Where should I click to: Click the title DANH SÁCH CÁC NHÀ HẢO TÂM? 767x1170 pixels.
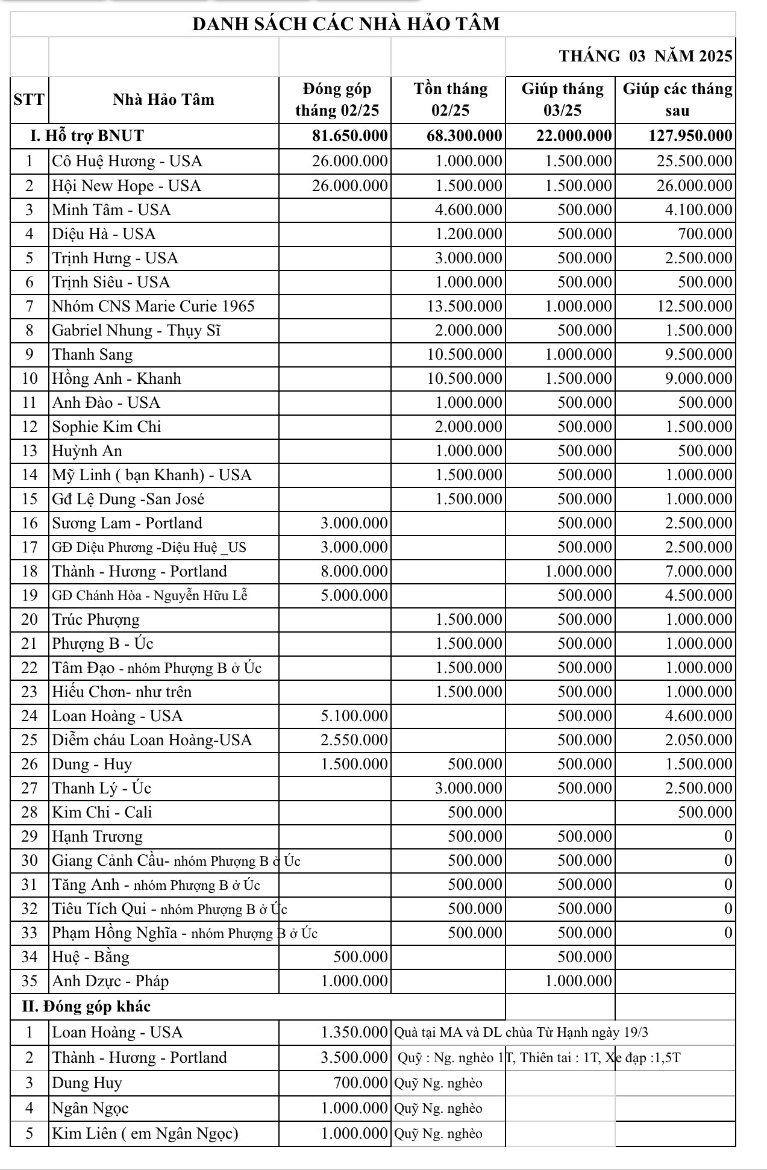(x=346, y=24)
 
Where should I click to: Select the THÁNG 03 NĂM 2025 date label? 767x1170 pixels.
(x=645, y=57)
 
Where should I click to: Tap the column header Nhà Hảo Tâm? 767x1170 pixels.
(x=163, y=99)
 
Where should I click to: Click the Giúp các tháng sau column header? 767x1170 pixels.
(x=677, y=99)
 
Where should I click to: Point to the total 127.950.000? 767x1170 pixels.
(x=690, y=136)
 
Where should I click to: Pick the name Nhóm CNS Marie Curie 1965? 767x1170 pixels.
(x=153, y=306)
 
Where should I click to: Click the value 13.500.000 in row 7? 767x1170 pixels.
(x=465, y=306)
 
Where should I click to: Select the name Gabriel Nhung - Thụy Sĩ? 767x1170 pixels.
(x=136, y=330)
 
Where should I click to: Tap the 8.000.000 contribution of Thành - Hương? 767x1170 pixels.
(x=354, y=571)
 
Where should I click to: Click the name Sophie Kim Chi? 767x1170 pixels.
(x=107, y=427)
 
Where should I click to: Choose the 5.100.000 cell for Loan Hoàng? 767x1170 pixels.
(x=354, y=716)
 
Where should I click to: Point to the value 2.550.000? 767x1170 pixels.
(x=354, y=740)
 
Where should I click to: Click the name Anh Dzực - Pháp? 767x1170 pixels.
(x=110, y=981)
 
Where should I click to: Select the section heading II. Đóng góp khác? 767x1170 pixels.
(x=86, y=1006)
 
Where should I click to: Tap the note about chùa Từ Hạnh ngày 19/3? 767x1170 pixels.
(x=521, y=1032)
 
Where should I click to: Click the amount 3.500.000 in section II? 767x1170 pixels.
(x=354, y=1057)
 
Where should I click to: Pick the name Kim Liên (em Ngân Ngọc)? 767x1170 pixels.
(x=145, y=1133)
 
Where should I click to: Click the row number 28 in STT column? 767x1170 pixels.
(x=30, y=812)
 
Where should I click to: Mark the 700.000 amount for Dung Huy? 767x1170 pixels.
(x=360, y=1083)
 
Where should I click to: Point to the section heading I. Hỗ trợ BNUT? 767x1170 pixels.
(x=87, y=136)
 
